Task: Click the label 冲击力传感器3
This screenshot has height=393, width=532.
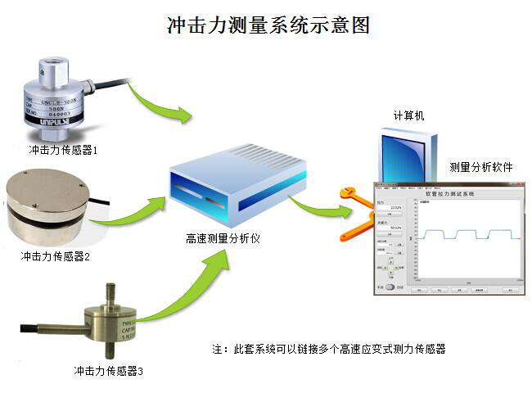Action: [x=108, y=371]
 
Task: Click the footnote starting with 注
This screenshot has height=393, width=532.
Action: [x=328, y=349]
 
